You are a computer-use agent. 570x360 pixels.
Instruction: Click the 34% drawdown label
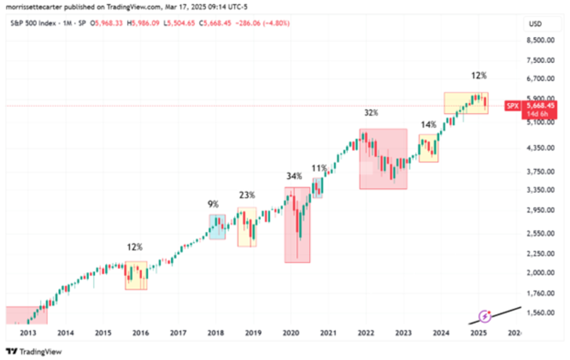294,176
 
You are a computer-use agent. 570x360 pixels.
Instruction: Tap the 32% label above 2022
371,113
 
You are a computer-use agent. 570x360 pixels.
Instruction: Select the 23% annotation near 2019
247,195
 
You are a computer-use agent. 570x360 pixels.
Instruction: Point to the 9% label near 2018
213,204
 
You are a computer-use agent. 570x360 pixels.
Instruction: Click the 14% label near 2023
428,125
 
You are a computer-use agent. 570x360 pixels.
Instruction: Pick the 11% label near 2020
319,168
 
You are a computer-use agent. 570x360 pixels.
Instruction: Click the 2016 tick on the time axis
141,333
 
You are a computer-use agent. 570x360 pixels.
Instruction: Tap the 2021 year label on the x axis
328,333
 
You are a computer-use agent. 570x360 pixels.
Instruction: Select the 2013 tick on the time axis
28,333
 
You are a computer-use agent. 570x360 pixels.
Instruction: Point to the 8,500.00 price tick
540,40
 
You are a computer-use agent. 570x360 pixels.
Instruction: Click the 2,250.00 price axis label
540,253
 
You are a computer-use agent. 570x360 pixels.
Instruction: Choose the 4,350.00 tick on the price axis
540,148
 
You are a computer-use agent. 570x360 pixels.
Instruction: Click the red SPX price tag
513,106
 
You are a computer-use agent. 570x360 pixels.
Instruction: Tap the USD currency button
535,24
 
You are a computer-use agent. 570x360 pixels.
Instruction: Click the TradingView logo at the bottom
34,352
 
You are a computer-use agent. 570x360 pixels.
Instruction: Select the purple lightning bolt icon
485,316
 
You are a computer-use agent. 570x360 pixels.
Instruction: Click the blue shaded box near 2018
217,227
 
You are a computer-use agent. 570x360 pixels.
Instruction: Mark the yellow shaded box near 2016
136,275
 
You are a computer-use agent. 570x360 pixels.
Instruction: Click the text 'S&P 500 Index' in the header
33,23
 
